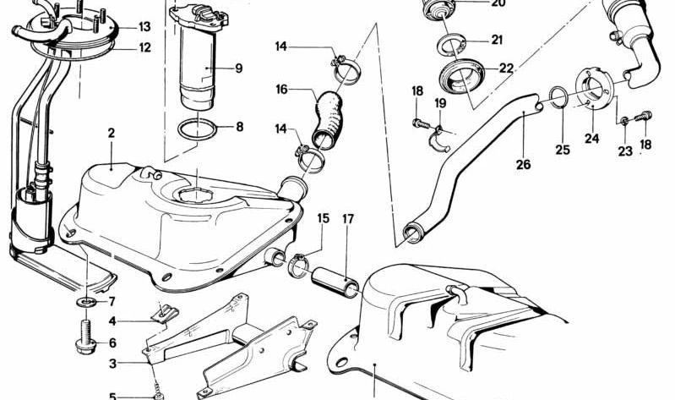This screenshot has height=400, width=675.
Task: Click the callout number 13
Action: [144, 27]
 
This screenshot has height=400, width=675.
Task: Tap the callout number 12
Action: [144, 47]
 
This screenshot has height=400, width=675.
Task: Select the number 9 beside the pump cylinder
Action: [239, 68]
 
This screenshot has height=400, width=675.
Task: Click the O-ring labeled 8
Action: [198, 129]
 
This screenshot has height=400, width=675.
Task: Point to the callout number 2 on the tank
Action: [111, 133]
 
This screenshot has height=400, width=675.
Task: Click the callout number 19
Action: [439, 103]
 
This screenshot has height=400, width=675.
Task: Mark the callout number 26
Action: [523, 164]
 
